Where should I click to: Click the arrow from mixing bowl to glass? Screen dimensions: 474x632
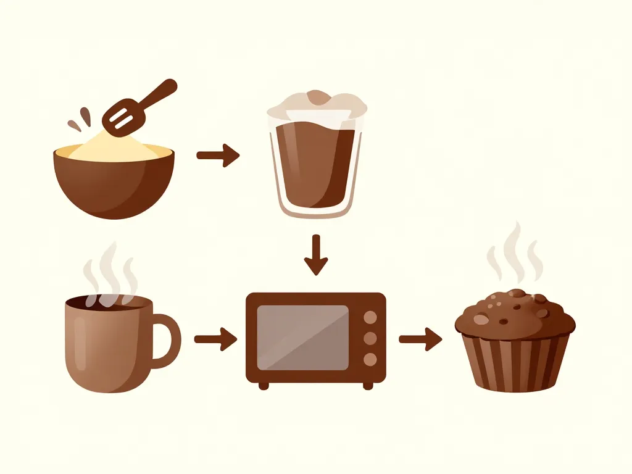tap(217, 155)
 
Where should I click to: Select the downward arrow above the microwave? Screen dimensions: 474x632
tap(316, 254)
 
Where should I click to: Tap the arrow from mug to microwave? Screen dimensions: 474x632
tap(215, 338)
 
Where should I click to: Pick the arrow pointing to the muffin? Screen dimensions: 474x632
tap(420, 338)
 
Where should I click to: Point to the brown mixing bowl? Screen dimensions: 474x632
tap(114, 185)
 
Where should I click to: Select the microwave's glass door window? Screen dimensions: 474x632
tap(302, 338)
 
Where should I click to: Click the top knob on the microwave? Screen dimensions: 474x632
tap(370, 317)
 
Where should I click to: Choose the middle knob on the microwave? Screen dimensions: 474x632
tap(370, 338)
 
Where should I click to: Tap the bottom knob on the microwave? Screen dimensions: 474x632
tap(370, 359)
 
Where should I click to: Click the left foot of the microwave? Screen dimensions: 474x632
tap(264, 386)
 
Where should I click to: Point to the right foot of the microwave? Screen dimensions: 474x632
tap(368, 386)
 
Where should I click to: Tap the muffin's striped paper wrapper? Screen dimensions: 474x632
tap(515, 364)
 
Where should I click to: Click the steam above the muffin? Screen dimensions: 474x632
tap(513, 253)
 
